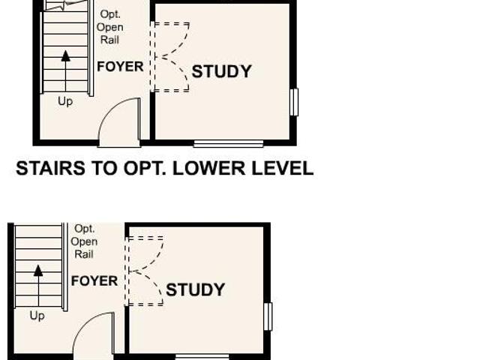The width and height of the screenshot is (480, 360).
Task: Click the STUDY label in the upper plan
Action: (222, 71)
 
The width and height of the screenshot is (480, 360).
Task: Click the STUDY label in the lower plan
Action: (196, 289)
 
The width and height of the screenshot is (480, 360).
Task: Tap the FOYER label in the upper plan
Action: (120, 67)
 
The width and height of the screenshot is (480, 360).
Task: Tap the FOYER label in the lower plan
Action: (94, 280)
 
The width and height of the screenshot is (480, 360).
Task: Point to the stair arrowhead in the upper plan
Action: (65, 56)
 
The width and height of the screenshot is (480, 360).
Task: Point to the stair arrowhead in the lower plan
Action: (38, 271)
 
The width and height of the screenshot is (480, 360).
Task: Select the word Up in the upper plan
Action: (65, 101)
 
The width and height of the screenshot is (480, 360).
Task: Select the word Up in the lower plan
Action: (37, 316)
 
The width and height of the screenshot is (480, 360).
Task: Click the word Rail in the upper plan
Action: (110, 40)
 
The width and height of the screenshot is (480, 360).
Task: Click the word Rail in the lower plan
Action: (84, 254)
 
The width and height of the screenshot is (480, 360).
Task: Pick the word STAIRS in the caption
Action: (50, 168)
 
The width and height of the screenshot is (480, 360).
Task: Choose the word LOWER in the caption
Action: (209, 168)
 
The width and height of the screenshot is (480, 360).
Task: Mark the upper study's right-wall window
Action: (294, 102)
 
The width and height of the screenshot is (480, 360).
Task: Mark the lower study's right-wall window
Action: (268, 316)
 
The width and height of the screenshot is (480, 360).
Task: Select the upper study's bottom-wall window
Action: (228, 144)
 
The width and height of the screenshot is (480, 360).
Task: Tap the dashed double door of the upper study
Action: (170, 57)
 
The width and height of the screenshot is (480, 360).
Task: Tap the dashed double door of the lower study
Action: (144, 271)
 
